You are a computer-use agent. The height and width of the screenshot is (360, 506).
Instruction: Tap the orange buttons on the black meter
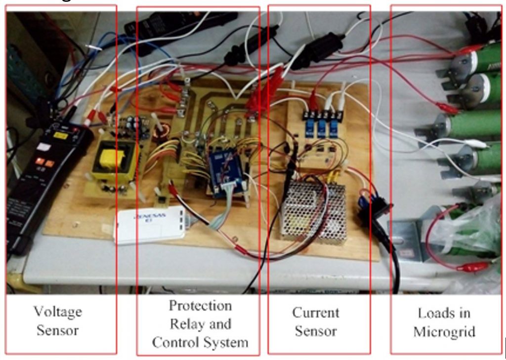coord(44,162)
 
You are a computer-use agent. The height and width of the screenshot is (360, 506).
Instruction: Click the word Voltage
coord(57,312)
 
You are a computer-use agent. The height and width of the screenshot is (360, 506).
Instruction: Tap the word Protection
coord(200,306)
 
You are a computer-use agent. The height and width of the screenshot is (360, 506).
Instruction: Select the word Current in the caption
coord(315,313)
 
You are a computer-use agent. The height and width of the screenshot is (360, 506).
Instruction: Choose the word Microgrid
coord(444,331)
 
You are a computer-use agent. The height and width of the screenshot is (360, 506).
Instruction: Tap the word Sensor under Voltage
coord(57,330)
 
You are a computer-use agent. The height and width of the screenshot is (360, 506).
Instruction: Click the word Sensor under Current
coord(315,331)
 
